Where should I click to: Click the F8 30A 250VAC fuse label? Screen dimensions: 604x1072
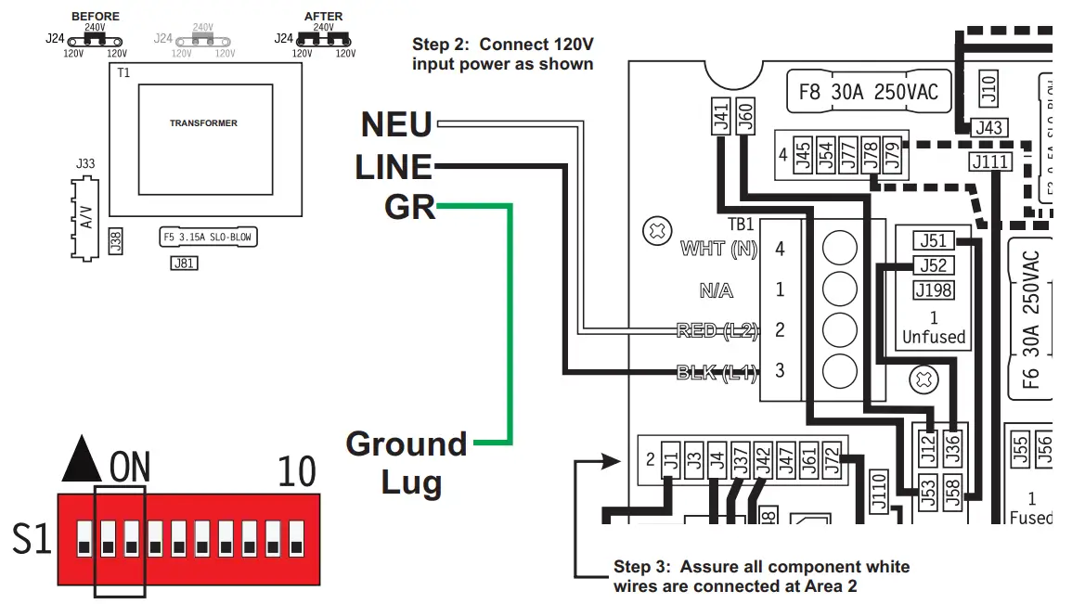tap(868, 92)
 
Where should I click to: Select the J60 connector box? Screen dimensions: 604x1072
tap(744, 118)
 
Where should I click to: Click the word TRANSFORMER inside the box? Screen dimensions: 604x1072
tap(203, 122)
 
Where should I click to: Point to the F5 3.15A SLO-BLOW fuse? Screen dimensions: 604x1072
tap(207, 237)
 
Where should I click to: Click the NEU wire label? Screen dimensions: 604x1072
tap(396, 124)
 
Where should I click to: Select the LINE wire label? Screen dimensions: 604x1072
tap(394, 167)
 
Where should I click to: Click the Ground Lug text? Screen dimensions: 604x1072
tap(407, 463)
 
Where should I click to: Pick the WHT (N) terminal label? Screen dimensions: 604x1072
tap(719, 249)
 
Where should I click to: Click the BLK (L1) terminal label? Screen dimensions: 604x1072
tap(717, 373)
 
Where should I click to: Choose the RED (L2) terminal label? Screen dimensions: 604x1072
tap(717, 330)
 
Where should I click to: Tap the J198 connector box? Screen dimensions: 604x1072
tap(933, 290)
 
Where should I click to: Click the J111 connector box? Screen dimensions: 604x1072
tap(989, 162)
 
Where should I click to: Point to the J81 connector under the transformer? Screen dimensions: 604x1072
tap(184, 263)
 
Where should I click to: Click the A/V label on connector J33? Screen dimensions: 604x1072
tap(86, 218)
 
